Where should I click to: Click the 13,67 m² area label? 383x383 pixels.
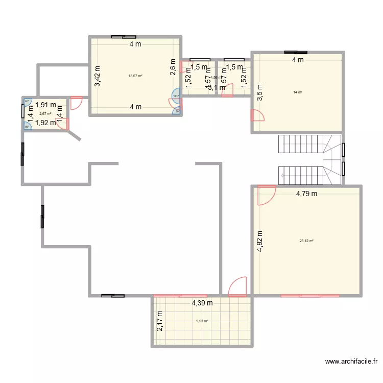[x=135, y=76]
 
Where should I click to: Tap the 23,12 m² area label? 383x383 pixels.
[x=306, y=241]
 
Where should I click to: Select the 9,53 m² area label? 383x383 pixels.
[x=202, y=321]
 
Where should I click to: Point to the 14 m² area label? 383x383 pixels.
[x=297, y=92]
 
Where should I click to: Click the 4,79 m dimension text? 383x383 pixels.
[x=306, y=194]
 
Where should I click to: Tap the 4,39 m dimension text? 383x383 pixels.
[x=202, y=303]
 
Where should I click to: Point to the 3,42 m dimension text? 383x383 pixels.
[x=97, y=76]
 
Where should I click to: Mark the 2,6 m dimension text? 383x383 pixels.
[x=173, y=67]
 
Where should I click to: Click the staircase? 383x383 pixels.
[x=309, y=159]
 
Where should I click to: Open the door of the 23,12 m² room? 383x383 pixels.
[x=267, y=195]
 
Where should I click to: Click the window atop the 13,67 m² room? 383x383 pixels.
[x=124, y=37]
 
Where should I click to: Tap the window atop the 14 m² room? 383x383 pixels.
[x=296, y=52]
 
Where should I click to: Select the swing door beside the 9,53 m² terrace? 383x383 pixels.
[x=238, y=287]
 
